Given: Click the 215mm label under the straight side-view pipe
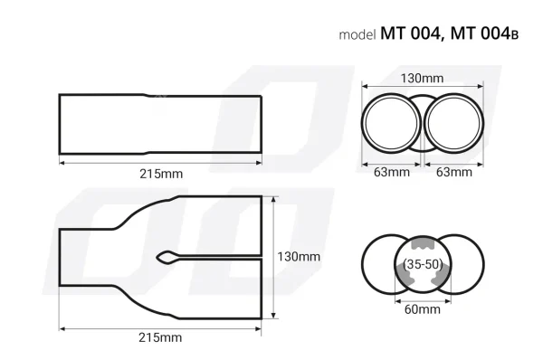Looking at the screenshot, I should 159,172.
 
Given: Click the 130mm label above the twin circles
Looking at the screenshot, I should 423,78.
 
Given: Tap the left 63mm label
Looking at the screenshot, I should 392,172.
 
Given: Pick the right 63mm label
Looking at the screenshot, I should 453,172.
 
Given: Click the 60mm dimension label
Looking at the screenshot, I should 422,309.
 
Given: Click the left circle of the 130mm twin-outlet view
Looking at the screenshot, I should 392,124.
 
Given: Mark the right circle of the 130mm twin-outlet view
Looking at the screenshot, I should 453,124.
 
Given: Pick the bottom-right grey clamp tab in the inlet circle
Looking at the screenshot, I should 438,280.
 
